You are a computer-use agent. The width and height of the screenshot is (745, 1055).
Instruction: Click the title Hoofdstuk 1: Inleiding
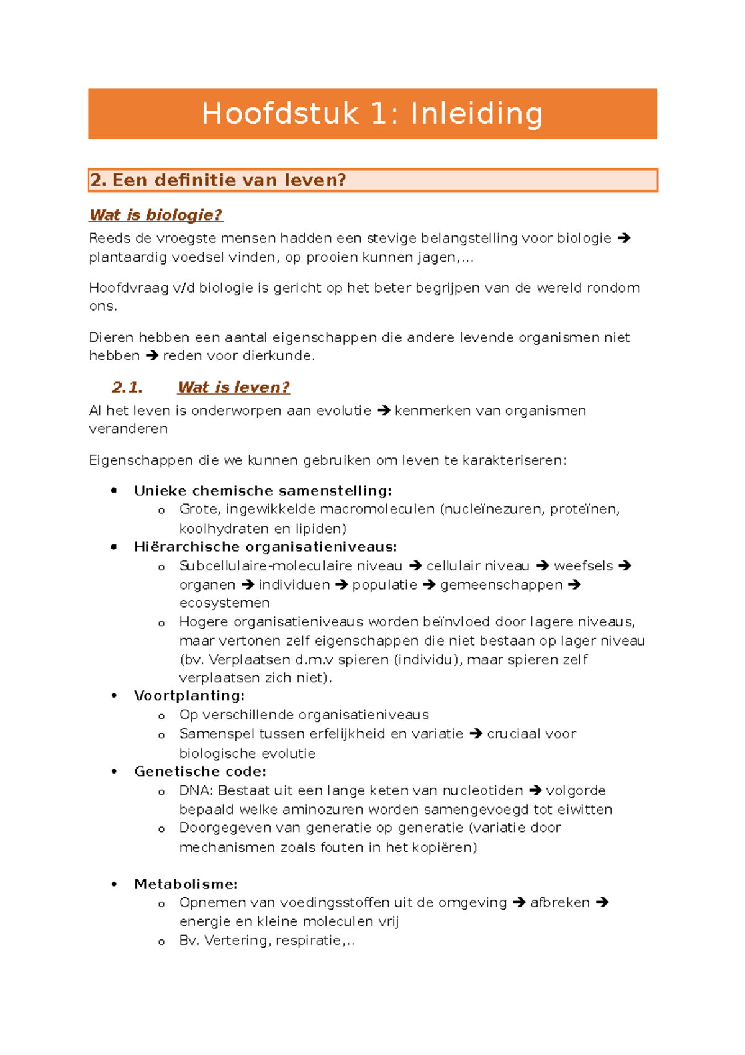[x=372, y=114]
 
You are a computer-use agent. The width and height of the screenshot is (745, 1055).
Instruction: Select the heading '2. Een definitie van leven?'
[x=218, y=180]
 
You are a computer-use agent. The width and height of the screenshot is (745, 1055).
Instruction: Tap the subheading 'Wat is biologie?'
[x=156, y=215]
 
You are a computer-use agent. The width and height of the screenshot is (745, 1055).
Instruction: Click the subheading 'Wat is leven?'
[x=233, y=387]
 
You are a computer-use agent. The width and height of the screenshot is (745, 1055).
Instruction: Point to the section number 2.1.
[x=127, y=387]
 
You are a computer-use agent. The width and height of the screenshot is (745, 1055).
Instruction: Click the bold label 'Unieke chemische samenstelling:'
[x=263, y=491]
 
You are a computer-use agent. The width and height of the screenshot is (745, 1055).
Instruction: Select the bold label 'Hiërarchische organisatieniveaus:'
[x=265, y=547]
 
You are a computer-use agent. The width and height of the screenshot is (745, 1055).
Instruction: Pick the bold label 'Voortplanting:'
[x=189, y=696]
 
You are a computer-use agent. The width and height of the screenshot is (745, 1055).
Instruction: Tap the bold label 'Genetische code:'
[x=200, y=772]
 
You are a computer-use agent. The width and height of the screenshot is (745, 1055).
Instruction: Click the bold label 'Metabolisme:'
[x=186, y=884]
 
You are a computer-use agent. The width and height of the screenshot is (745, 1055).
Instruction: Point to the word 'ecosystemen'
[x=224, y=603]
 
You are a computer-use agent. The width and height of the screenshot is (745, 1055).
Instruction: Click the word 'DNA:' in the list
[x=196, y=791]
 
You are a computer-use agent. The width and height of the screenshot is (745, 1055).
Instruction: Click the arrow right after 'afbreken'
[x=602, y=903]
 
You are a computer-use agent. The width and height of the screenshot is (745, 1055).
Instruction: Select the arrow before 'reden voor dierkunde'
[x=152, y=356]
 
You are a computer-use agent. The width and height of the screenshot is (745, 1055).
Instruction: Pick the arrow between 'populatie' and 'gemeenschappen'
[x=429, y=585]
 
